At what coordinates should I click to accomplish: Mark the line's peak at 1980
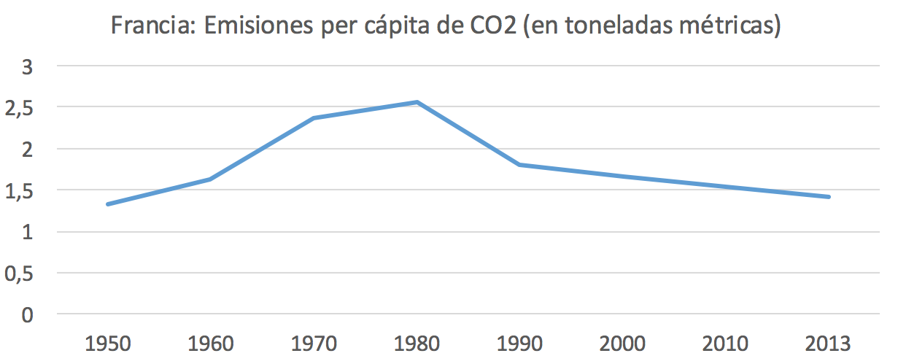pos(417,102)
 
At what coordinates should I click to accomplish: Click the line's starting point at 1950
pos(108,204)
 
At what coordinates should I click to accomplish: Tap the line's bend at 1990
pos(520,165)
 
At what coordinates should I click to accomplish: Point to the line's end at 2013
pos(829,197)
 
